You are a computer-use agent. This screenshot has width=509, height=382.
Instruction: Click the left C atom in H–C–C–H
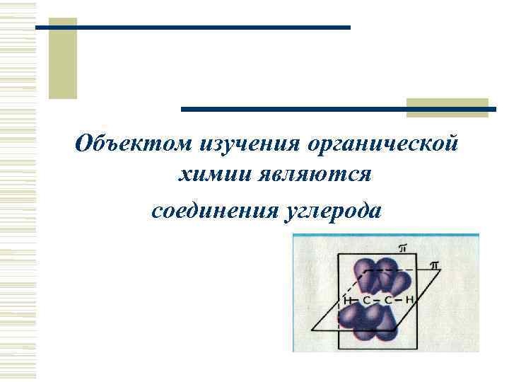point(367,301)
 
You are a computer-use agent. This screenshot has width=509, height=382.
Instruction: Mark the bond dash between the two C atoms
point(378,301)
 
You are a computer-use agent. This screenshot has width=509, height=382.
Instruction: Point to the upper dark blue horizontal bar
point(192,27)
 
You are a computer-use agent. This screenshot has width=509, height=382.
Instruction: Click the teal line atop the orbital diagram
point(385,236)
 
